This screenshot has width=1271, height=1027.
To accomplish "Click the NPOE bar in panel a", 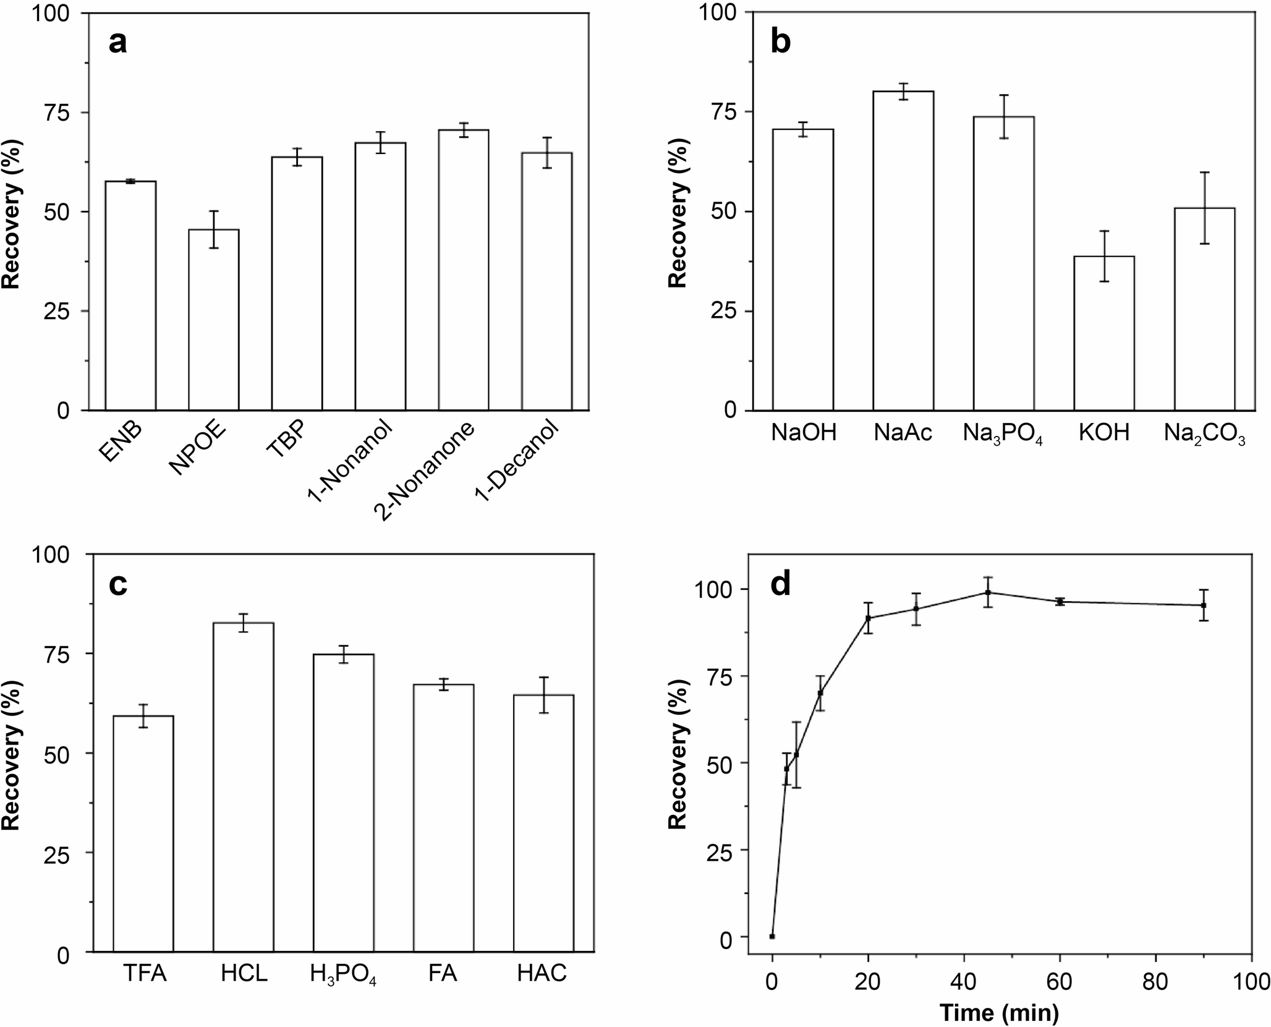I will [x=213, y=320].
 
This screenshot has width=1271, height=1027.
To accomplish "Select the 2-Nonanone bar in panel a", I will [x=464, y=270].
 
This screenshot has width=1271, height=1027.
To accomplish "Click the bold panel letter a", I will [x=117, y=43].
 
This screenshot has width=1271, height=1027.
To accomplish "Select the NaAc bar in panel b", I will [x=903, y=250].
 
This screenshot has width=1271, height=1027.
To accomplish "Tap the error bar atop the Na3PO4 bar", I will [x=1004, y=116].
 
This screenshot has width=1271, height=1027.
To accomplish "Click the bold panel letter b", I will [x=781, y=43].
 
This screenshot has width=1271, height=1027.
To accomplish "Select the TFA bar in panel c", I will [x=143, y=833].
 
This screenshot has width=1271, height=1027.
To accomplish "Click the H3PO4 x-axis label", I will [x=343, y=975].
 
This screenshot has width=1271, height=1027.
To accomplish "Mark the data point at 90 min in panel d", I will [x=1204, y=605].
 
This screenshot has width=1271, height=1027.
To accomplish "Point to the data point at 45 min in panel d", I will [x=988, y=592].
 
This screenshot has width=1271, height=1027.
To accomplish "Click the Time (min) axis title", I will [x=999, y=1012].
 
